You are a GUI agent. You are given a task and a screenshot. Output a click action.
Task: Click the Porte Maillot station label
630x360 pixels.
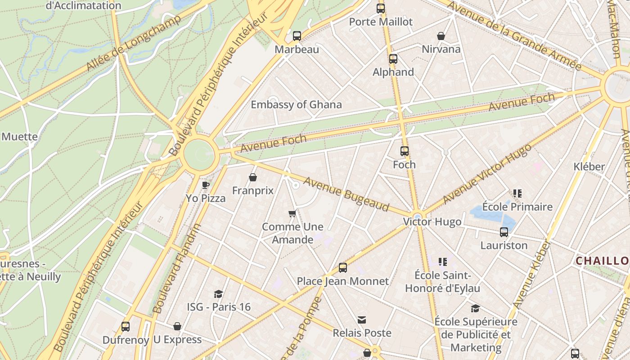[x=381, y=22]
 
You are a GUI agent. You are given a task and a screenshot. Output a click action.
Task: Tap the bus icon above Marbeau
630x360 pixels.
[x=297, y=36]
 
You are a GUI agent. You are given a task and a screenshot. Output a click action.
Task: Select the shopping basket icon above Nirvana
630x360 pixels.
[x=441, y=36]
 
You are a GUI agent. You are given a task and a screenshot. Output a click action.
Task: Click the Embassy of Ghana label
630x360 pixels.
[x=296, y=105]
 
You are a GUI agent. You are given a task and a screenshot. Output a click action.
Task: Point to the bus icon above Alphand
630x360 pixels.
[x=393, y=59]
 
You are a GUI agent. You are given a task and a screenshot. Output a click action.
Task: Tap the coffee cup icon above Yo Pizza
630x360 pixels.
[x=206, y=184]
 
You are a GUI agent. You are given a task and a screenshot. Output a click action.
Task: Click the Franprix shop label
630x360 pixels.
[x=253, y=190]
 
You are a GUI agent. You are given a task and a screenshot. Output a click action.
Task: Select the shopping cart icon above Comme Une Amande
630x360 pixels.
[x=292, y=213]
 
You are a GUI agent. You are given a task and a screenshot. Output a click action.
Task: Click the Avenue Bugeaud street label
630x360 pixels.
[x=346, y=194]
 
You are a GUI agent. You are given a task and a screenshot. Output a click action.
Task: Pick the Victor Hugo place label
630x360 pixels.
[x=432, y=222]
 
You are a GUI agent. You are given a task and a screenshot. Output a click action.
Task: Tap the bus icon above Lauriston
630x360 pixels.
[x=504, y=232]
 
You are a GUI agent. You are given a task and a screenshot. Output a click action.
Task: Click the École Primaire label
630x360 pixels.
[x=517, y=207]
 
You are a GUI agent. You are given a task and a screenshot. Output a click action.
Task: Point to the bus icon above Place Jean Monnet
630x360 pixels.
[x=343, y=268]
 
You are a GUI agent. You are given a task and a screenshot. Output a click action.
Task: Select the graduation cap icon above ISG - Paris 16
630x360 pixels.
[x=218, y=294]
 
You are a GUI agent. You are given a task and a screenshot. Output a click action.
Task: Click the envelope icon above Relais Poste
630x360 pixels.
[x=362, y=320]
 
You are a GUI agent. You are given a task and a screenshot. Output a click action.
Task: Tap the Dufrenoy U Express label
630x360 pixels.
[x=152, y=340]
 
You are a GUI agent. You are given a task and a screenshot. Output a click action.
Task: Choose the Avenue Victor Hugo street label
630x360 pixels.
[x=488, y=174]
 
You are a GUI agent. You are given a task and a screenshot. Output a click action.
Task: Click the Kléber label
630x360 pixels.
[x=589, y=166]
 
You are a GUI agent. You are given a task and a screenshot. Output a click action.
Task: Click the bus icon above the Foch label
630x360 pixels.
[x=405, y=151]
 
